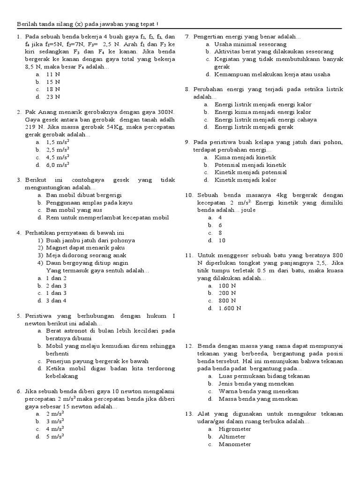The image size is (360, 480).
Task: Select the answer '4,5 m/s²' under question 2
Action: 58,157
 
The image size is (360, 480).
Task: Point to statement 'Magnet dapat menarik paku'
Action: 85,247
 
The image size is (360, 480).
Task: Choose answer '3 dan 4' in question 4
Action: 56,300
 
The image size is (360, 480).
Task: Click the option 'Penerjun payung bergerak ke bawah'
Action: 97,361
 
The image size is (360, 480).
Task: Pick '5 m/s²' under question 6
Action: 55,436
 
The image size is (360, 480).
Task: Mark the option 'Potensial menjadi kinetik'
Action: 250,165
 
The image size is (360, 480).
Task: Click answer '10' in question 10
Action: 222,240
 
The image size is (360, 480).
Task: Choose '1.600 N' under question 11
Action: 230,308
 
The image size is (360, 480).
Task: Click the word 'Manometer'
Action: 234,444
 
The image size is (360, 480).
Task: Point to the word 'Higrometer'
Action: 235,429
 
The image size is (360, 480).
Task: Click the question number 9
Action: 187,142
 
